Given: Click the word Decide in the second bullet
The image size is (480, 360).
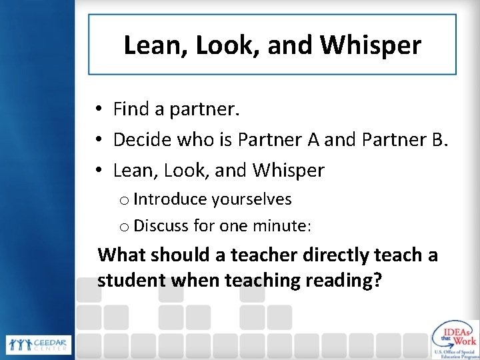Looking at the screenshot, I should coord(139,139).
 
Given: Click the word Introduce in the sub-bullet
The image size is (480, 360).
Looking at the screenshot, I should coord(171,199).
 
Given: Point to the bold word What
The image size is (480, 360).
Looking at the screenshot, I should coord(122,255).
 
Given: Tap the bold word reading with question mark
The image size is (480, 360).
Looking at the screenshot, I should coord(345,279).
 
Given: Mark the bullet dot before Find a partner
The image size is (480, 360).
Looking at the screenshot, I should coord(98,108).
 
